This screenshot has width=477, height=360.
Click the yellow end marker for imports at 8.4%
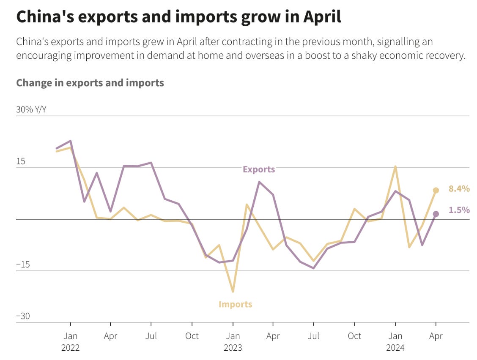click(x=436, y=190)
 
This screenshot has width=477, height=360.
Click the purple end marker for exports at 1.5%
click(x=436, y=214)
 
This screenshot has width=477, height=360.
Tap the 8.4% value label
click(x=459, y=189)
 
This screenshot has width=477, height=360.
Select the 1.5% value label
click(x=459, y=210)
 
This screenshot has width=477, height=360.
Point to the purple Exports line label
click(x=259, y=169)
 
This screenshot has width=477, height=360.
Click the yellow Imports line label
click(x=235, y=304)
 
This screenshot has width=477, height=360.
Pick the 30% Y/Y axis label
click(x=31, y=109)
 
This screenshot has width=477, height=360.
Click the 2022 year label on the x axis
click(x=70, y=348)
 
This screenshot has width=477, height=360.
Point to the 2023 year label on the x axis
click(x=233, y=348)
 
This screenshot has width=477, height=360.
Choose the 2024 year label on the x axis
click(x=395, y=348)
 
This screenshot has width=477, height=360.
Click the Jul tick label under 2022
click(x=151, y=336)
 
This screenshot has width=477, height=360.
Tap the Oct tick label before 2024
click(x=354, y=336)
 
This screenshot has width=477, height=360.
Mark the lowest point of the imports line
click(x=233, y=292)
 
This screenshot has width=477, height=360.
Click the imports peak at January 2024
click(x=395, y=166)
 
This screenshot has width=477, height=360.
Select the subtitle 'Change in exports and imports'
click(x=90, y=82)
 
